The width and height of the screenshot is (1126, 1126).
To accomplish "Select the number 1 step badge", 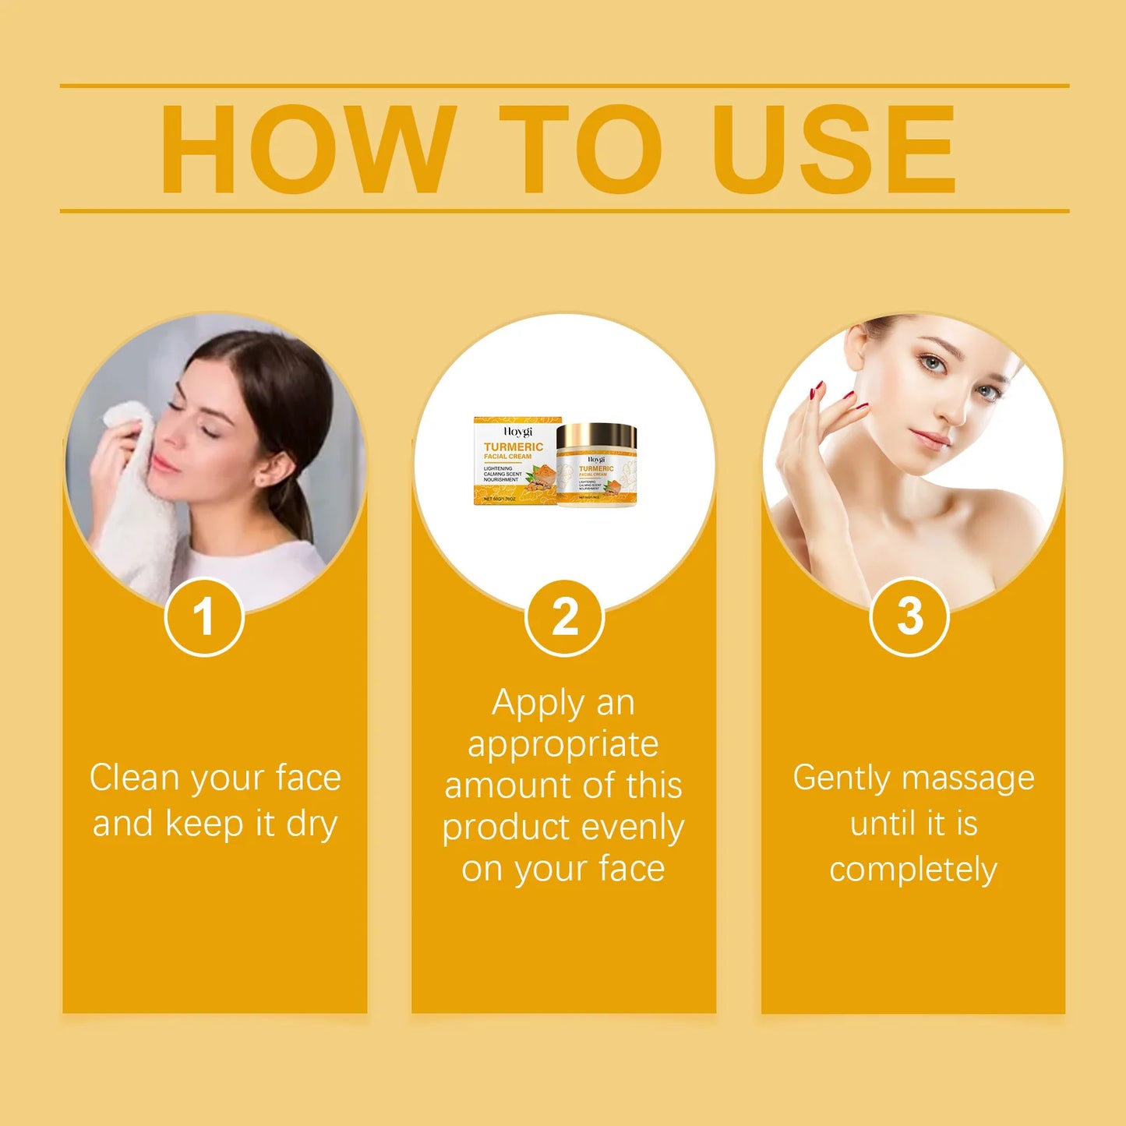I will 204,617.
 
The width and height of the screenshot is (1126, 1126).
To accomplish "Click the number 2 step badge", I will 565,618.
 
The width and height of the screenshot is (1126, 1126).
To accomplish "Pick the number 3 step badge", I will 909,617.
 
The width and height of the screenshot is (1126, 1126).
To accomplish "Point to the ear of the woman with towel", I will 278,468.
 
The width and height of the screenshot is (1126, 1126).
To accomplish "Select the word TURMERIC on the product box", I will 514,447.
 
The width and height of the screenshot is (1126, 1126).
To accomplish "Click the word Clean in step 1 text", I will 134,778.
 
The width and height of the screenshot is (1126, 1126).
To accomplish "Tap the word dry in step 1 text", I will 311,824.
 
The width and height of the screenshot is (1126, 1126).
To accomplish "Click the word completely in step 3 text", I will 912,870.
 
